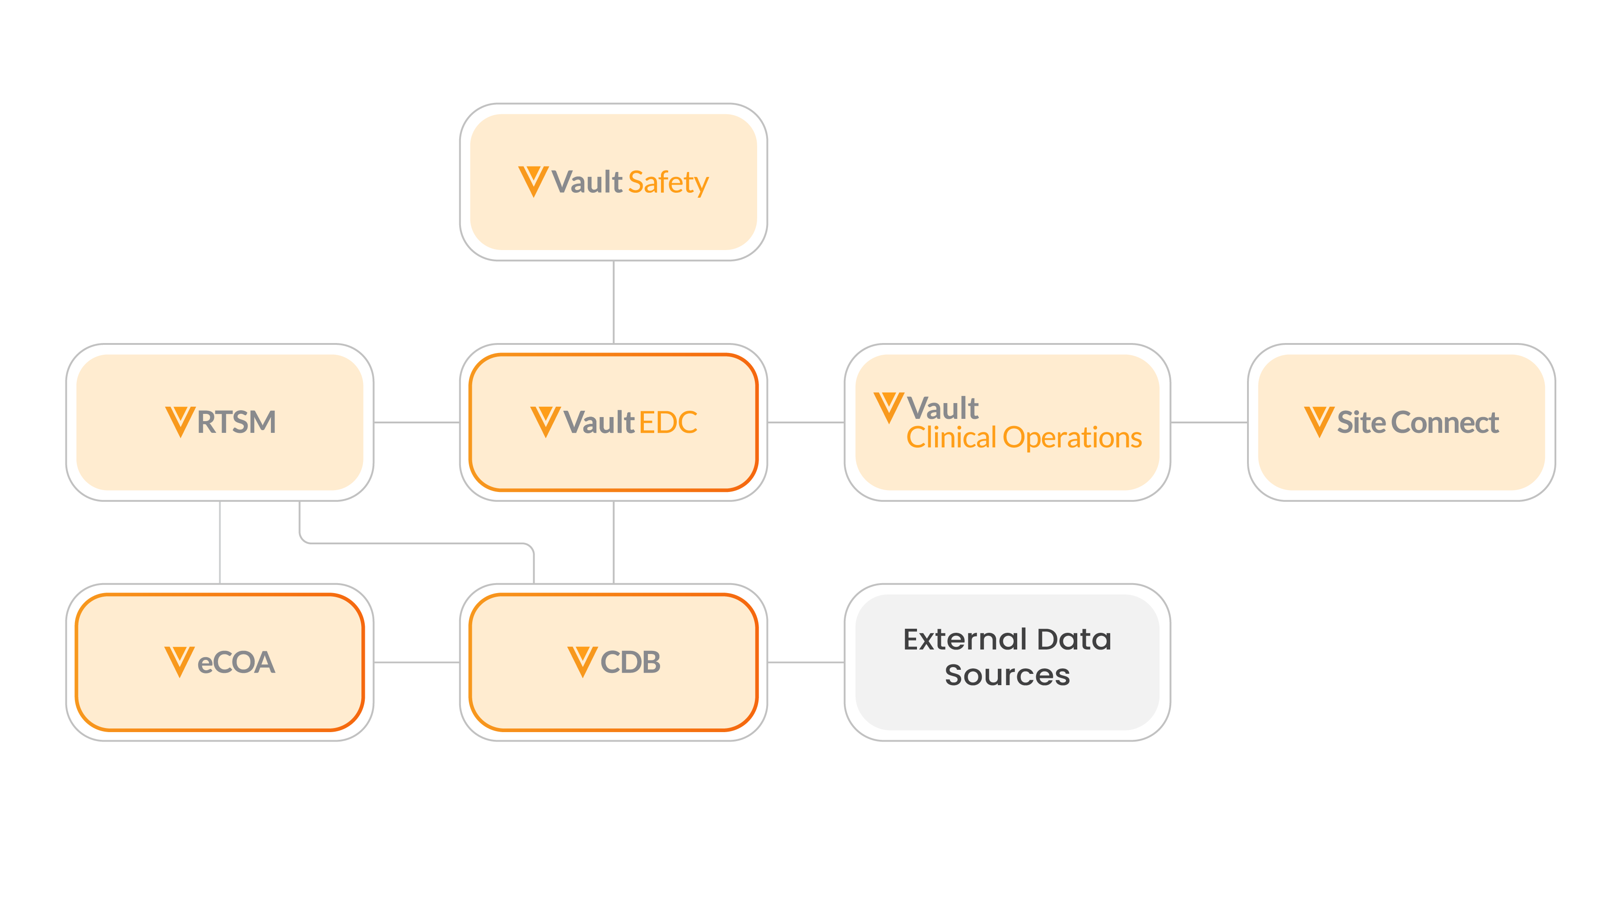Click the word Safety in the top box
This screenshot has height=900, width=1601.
[x=668, y=183]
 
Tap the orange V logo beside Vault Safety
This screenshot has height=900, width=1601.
[x=533, y=181]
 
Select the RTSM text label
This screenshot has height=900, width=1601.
[x=236, y=422]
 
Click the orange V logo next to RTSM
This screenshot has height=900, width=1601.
[x=180, y=421]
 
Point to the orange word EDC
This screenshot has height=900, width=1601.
[x=668, y=422]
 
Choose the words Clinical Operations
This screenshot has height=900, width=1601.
[x=1024, y=438]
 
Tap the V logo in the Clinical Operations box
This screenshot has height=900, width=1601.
[x=889, y=407]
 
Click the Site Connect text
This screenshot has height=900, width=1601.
[x=1418, y=422]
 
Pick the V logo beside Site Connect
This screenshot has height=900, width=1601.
[x=1319, y=421]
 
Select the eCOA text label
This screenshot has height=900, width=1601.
[x=236, y=662]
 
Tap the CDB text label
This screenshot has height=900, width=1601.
[x=630, y=662]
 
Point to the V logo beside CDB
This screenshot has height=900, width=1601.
[x=582, y=661]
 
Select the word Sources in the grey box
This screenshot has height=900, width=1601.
[x=1007, y=675]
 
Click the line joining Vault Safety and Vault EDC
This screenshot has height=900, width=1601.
[x=614, y=302]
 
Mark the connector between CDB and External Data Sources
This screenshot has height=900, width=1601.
[x=806, y=662]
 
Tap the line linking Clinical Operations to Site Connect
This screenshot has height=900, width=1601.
[x=1209, y=422]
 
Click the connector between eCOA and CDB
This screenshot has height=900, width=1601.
[x=416, y=662]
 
